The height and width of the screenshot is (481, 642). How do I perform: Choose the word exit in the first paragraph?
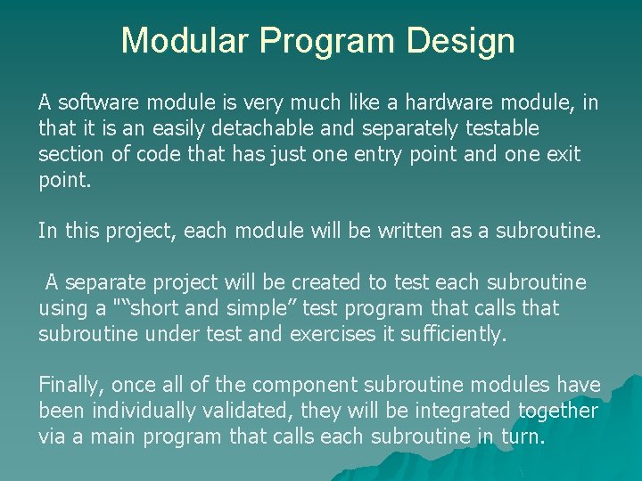point(563,155)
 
